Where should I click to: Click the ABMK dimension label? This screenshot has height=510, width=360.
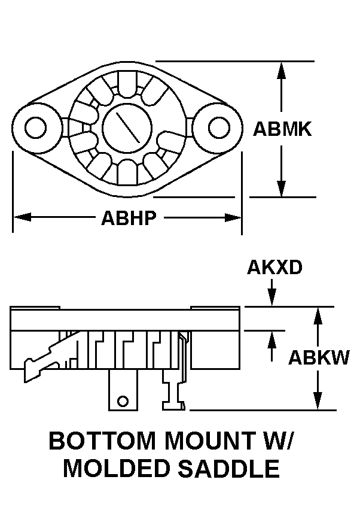pyautogui.click(x=282, y=129)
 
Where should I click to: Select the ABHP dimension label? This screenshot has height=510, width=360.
pyautogui.click(x=129, y=218)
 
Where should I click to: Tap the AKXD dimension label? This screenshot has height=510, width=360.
pyautogui.click(x=274, y=268)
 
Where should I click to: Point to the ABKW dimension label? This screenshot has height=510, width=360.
pyautogui.click(x=319, y=357)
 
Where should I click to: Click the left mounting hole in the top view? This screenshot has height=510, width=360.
pyautogui.click(x=35, y=127)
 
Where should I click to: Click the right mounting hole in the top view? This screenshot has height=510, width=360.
pyautogui.click(x=219, y=127)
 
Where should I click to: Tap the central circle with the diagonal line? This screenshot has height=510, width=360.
pyautogui.click(x=127, y=127)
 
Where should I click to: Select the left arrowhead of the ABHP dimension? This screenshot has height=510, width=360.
pyautogui.click(x=22, y=217)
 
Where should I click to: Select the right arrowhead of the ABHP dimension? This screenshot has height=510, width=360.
pyautogui.click(x=234, y=217)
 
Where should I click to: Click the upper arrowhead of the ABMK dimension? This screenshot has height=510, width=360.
pyautogui.click(x=282, y=70)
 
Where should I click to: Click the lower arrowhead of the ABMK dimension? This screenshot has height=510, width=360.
pyautogui.click(x=282, y=188)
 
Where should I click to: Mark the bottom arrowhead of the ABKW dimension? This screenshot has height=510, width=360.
pyautogui.click(x=318, y=401)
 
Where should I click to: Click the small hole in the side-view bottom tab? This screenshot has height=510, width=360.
pyautogui.click(x=123, y=400)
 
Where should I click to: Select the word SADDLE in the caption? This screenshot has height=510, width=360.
pyautogui.click(x=229, y=469)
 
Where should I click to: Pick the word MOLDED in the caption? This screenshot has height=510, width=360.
pyautogui.click(x=117, y=469)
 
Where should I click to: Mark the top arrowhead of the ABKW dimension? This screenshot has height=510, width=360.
pyautogui.click(x=318, y=316)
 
